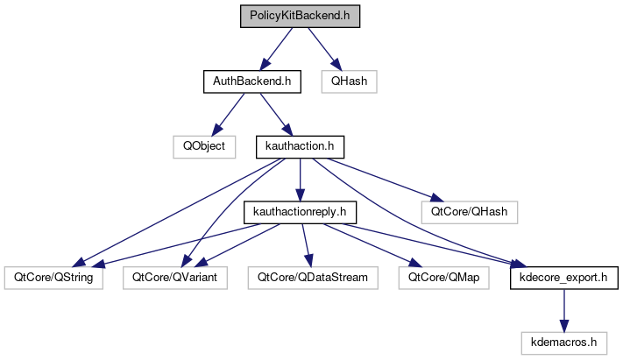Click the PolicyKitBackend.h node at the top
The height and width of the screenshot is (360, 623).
coord(301,17)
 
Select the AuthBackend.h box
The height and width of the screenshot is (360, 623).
coord(252,81)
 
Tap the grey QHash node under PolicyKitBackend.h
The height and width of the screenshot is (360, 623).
coord(349,81)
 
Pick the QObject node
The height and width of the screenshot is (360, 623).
coord(204,146)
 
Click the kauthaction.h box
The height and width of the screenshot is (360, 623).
coord(301,146)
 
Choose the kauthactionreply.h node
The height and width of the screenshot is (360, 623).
coord(301,211)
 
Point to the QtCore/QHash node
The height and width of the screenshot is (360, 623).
coord(470,211)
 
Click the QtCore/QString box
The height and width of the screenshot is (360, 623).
coord(53,277)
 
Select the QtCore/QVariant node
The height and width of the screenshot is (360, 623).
coord(175,277)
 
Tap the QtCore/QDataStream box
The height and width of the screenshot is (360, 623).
coord(313,277)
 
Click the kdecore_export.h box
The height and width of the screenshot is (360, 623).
coord(565,277)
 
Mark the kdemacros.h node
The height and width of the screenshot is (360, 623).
coord(565,341)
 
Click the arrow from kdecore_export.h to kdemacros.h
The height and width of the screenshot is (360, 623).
coord(565,308)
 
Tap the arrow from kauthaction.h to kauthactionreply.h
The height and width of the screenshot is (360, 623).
coord(301,179)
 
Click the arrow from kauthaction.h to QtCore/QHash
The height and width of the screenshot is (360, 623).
coord(386,179)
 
